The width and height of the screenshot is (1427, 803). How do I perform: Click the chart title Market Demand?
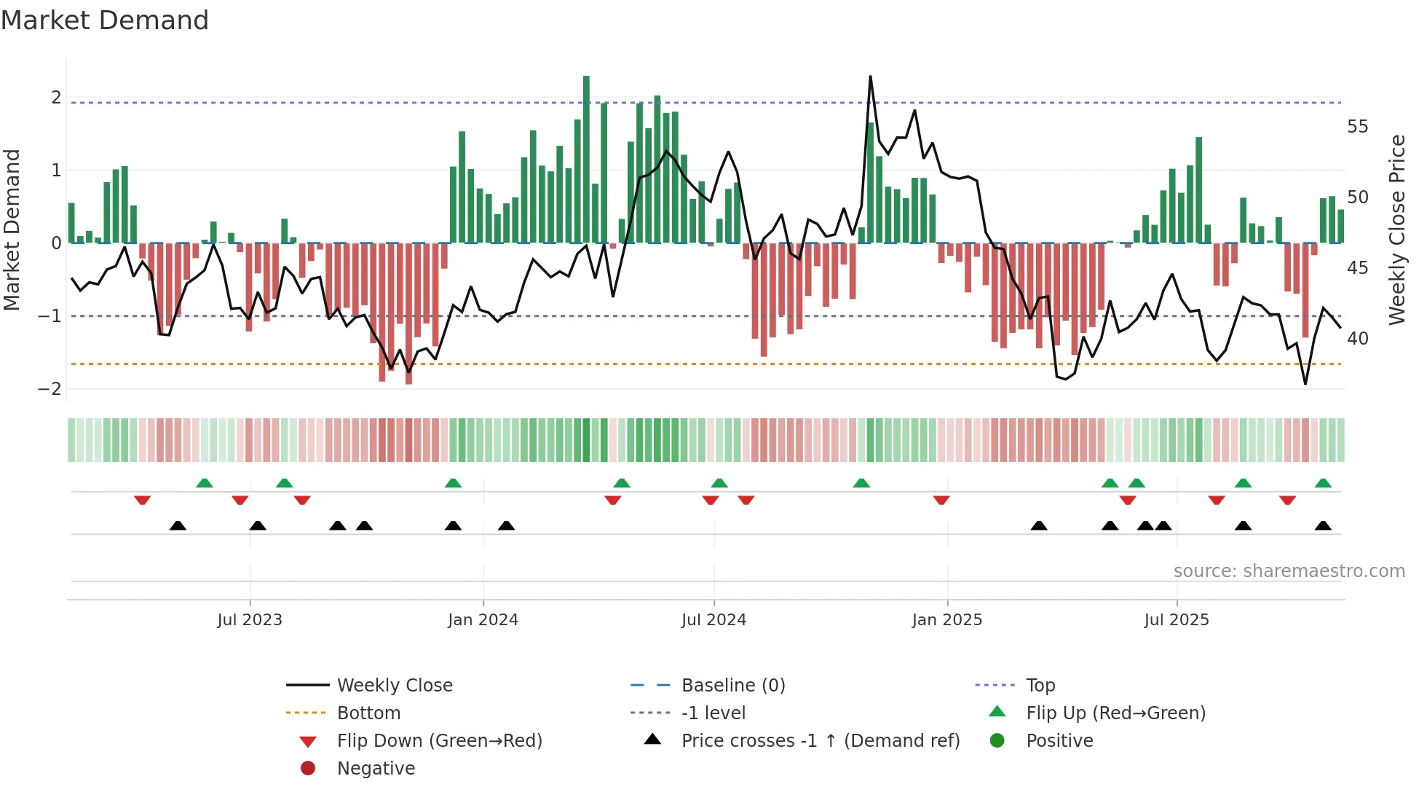(x=105, y=20)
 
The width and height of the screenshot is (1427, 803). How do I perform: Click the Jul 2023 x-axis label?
(x=249, y=620)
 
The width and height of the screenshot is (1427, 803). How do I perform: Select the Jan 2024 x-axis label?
(x=483, y=620)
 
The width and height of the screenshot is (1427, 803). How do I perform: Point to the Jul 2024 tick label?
(x=713, y=620)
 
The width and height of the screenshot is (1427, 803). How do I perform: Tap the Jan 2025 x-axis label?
(x=946, y=620)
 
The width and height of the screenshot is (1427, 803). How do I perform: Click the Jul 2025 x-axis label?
(x=1176, y=620)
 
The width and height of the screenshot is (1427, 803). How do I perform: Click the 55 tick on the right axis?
(x=1357, y=127)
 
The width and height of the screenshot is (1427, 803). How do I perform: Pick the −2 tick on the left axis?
(x=50, y=389)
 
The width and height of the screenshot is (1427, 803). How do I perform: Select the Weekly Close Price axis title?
(x=1396, y=230)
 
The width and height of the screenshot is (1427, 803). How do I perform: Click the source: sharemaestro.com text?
(x=1289, y=571)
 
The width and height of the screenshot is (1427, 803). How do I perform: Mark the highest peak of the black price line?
(x=870, y=77)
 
